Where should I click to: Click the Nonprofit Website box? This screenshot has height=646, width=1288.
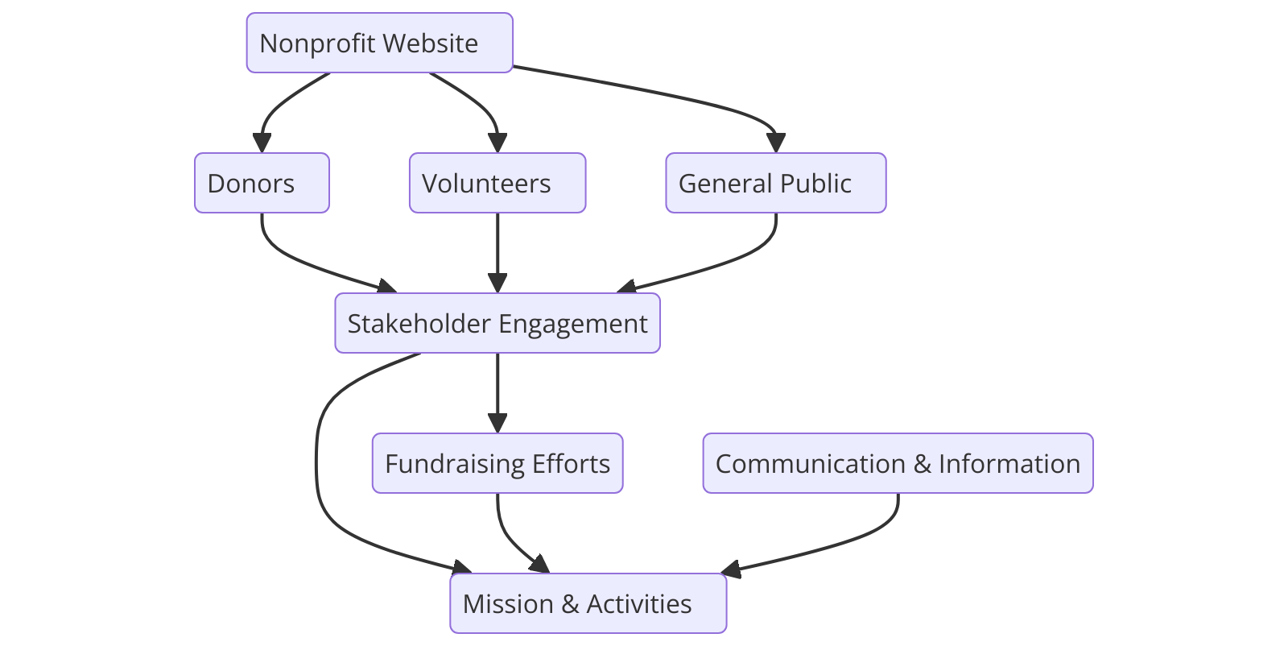pyautogui.click(x=379, y=43)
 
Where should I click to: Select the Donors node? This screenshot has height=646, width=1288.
pyautogui.click(x=262, y=183)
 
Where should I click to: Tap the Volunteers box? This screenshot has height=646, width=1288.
pyautogui.click(x=497, y=183)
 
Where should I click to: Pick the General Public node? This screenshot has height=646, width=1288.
pyautogui.click(x=775, y=183)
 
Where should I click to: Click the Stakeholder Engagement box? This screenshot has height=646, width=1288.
pyautogui.click(x=497, y=323)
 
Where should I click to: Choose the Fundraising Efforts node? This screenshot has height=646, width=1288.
pyautogui.click(x=497, y=463)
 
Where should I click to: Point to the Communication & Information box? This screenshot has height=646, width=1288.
pyautogui.click(x=898, y=463)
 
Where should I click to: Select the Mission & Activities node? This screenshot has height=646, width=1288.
pyautogui.click(x=588, y=603)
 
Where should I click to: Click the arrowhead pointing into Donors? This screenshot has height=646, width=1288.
pyautogui.click(x=262, y=143)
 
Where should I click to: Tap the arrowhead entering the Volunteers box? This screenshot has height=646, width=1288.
pyautogui.click(x=497, y=143)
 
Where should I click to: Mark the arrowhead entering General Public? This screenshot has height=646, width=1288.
pyautogui.click(x=775, y=143)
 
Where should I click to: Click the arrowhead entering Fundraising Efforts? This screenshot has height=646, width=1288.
pyautogui.click(x=497, y=424)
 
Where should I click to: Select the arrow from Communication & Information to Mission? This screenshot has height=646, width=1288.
pyautogui.click(x=853, y=540)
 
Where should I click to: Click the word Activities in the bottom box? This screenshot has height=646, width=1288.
pyautogui.click(x=638, y=604)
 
